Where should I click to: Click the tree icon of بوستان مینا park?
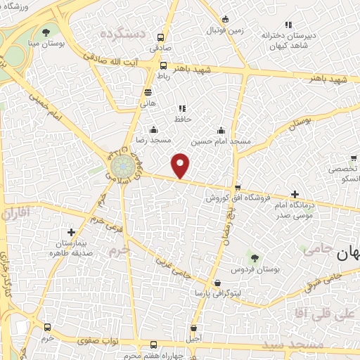pyautogui.click(x=46, y=32)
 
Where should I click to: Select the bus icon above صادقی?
pyautogui.click(x=162, y=38)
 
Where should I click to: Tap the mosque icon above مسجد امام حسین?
pyautogui.click(x=221, y=130)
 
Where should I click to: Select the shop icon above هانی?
pyautogui.click(x=148, y=92)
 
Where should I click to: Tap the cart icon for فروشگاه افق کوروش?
pyautogui.click(x=238, y=188)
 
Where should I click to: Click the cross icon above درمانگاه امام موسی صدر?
pyautogui.click(x=294, y=194)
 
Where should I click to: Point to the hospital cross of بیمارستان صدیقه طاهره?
pyautogui.click(x=70, y=231)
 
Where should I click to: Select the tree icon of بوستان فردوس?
pyautogui.click(x=254, y=259)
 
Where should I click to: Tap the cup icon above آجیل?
pyautogui.click(x=194, y=328)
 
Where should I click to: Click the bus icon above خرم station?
pyautogui.click(x=47, y=328)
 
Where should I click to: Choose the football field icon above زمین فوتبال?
pyautogui.click(x=225, y=20)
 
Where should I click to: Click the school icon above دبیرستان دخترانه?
pyautogui.click(x=287, y=24)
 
